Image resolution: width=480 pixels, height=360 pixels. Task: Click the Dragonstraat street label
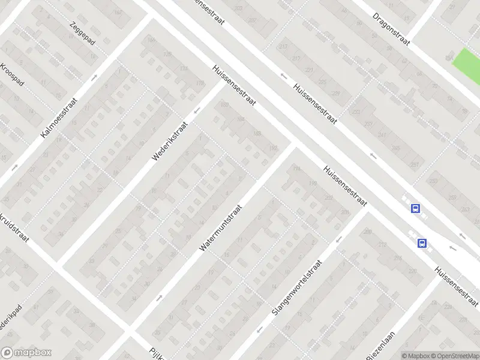[x=391, y=25]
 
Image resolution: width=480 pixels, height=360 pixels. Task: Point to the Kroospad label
[x=12, y=75]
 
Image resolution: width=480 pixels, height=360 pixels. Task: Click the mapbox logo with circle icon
[x=26, y=353]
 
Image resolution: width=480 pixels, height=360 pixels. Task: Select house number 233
[x=358, y=112]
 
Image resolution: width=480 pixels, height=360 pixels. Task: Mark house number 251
[x=413, y=164]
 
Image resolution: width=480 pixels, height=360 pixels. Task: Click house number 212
[x=382, y=244]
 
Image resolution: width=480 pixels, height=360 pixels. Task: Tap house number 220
[x=412, y=271]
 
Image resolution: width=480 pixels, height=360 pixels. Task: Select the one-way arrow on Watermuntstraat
[x=159, y=297]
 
